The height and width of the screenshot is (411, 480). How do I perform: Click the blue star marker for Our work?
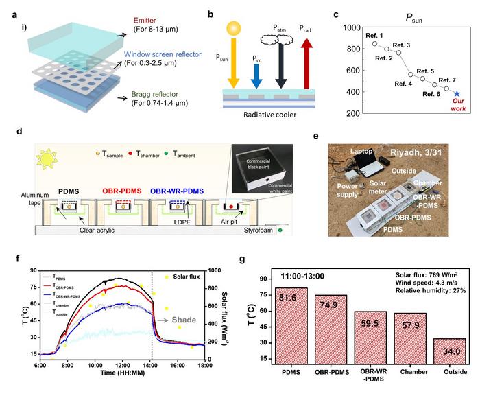(457, 93)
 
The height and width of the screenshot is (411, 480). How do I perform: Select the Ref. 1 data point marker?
(374, 43)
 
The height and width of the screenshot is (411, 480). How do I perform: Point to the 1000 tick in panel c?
(354, 27)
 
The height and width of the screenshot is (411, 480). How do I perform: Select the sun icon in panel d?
(47, 161)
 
